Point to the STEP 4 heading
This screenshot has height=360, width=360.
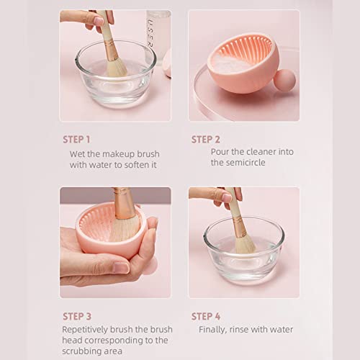coord(206,315)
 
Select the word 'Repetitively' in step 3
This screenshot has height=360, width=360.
coord(88,329)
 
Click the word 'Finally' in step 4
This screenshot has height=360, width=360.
coord(214,329)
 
